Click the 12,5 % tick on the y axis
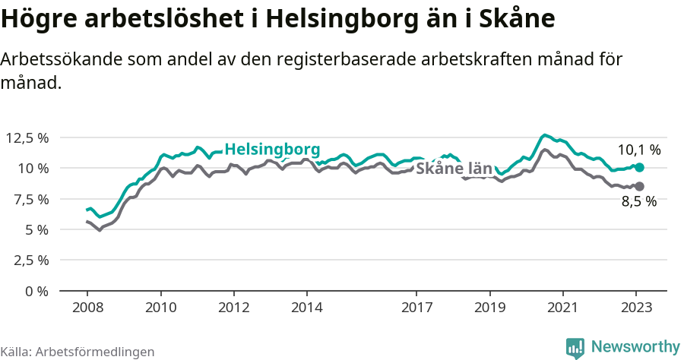point(27,137)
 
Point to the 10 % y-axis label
point(33,168)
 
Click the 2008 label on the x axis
point(87,308)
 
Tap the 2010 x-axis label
point(160,308)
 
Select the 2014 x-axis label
point(306,308)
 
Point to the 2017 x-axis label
point(416,308)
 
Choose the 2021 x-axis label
point(562,308)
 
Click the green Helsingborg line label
point(272,148)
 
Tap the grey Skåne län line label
point(454,169)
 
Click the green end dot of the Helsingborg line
point(639,167)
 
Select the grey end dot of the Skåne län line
point(639,186)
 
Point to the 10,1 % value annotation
point(638,150)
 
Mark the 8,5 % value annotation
point(638,202)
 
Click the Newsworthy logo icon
point(575,347)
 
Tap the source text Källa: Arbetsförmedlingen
point(78,352)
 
